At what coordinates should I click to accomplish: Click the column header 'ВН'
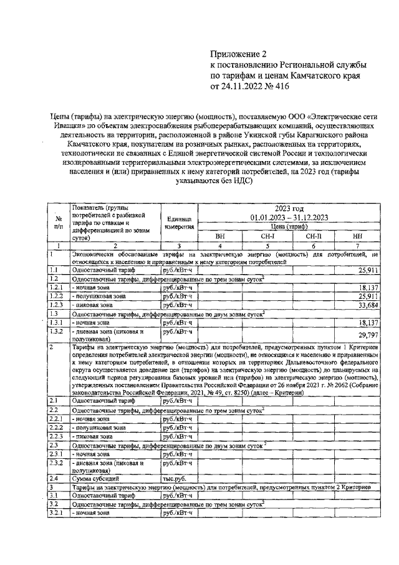[x=219, y=237]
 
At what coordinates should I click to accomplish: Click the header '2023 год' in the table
[x=289, y=209]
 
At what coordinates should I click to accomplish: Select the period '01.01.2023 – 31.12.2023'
[x=289, y=218]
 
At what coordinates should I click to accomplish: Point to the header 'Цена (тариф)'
[x=289, y=227]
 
